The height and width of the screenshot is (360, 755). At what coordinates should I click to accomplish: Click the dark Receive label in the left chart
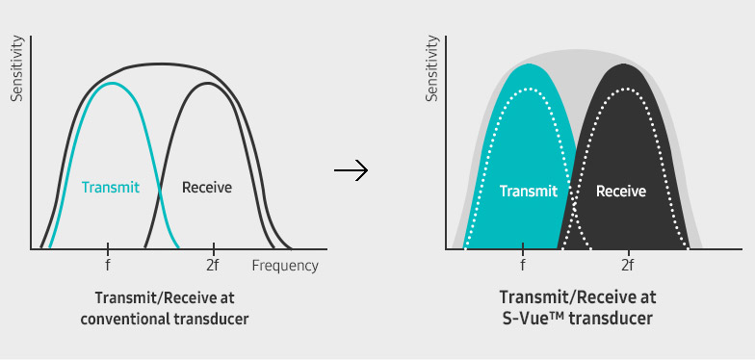207,188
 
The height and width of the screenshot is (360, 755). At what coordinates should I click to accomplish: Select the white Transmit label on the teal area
529,191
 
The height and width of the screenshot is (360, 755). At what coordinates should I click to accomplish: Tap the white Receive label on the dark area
621,191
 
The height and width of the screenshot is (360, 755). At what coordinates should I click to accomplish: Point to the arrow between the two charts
351,171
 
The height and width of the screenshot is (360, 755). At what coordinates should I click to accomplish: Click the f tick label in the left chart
108,266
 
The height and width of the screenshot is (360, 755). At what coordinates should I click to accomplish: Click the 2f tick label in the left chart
213,266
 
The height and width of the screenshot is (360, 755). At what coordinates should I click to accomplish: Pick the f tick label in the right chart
523,266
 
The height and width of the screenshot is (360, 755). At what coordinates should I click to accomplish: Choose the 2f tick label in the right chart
627,266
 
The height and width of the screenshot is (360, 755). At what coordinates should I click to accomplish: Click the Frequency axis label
284,266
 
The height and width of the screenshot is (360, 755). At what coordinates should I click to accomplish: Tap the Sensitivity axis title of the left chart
16,69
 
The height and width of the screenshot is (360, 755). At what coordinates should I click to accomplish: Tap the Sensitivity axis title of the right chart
431,69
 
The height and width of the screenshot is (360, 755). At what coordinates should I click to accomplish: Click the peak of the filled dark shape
626,64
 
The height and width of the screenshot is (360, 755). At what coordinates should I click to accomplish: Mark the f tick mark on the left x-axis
108,248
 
